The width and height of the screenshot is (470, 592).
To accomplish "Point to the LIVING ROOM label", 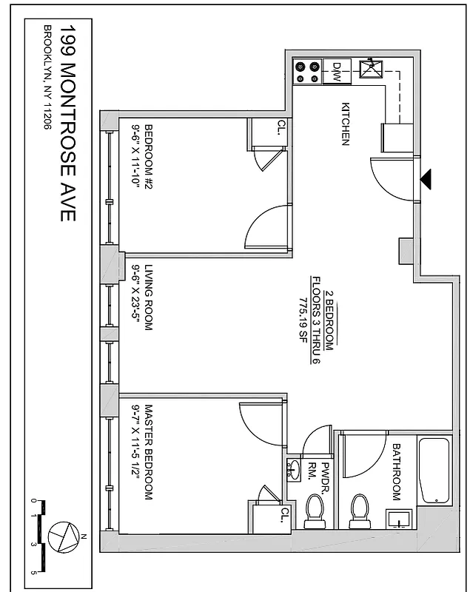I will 147,297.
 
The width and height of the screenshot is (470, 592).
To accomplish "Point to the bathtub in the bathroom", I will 434,470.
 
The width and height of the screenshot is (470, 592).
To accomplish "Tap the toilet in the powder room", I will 315,509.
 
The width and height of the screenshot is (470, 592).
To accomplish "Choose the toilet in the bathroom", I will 360,509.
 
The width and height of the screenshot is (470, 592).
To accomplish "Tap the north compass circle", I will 61,534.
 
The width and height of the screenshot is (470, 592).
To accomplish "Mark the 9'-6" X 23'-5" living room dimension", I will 136,297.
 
